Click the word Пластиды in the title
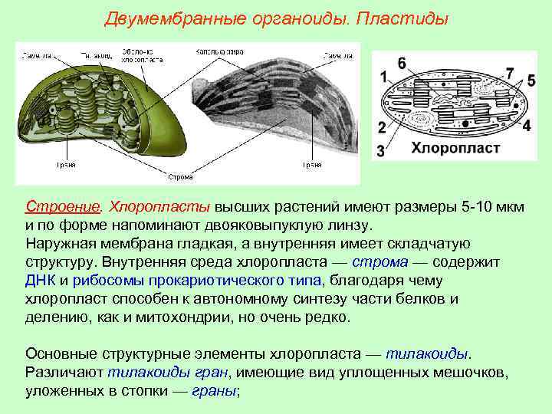(x=402, y=17)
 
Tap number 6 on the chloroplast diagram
(x=402, y=64)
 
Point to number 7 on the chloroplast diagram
(x=510, y=73)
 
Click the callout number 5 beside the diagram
(x=531, y=80)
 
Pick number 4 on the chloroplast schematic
(x=526, y=125)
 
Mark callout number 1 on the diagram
(x=383, y=77)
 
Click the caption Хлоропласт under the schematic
(x=456, y=147)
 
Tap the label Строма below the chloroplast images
(x=180, y=177)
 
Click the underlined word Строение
(x=63, y=208)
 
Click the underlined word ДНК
(x=41, y=281)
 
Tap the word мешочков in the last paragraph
(x=466, y=373)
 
